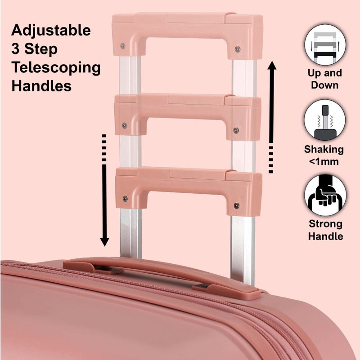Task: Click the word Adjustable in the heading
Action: [x=51, y=31]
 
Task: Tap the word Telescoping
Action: [x=56, y=67]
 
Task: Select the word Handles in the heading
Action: [x=41, y=86]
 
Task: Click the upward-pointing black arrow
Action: [x=272, y=117]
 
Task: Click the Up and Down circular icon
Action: [x=325, y=45]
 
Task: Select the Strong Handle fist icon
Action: [x=325, y=196]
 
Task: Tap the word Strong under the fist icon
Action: [x=325, y=224]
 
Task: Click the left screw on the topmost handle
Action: [x=123, y=45]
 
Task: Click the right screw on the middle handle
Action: [x=236, y=130]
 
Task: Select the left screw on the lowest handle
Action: [x=125, y=198]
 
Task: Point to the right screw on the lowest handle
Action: [x=236, y=205]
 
